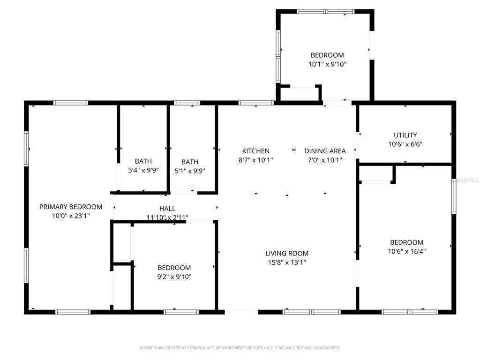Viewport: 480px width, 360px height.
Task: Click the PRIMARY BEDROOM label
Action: (71, 207)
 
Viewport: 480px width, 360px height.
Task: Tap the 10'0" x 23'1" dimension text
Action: (71, 216)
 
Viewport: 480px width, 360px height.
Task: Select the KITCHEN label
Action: (255, 151)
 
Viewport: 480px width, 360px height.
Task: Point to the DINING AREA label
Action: (325, 151)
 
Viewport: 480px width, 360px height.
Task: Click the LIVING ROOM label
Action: (287, 253)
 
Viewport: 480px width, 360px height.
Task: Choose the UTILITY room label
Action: (405, 135)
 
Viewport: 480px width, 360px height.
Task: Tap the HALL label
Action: (167, 209)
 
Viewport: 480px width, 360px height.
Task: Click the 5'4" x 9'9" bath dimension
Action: (143, 170)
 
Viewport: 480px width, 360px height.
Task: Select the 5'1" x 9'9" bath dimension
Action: (190, 171)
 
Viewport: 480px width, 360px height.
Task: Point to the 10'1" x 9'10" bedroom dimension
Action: (327, 64)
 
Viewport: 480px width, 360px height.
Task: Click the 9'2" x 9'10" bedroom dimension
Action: (174, 277)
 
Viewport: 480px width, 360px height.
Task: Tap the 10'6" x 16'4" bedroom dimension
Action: (406, 251)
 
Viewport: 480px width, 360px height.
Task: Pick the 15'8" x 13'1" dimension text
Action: (287, 262)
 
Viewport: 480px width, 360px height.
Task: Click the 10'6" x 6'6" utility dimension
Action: (405, 144)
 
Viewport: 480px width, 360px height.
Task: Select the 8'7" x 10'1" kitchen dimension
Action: (255, 160)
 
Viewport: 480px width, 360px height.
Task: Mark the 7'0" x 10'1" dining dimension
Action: (325, 160)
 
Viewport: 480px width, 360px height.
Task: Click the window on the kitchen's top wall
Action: (256, 103)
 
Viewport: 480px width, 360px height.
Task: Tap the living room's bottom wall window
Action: (311, 312)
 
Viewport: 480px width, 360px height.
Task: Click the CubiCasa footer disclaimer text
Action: (240, 348)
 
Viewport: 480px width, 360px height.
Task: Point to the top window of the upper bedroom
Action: (325, 12)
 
